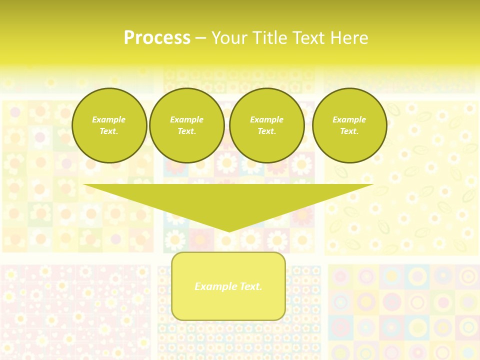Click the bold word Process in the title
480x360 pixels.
coord(157,38)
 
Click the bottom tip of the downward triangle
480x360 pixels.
coord(228,230)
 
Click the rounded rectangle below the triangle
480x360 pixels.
coord(228,305)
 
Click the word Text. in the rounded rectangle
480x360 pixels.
coord(250,286)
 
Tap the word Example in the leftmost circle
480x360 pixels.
coord(109,119)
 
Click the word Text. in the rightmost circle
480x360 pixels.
coord(349,131)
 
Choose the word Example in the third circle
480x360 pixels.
coord(267,119)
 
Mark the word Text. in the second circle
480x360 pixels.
coord(187,131)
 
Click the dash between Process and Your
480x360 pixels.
coord(201,38)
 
